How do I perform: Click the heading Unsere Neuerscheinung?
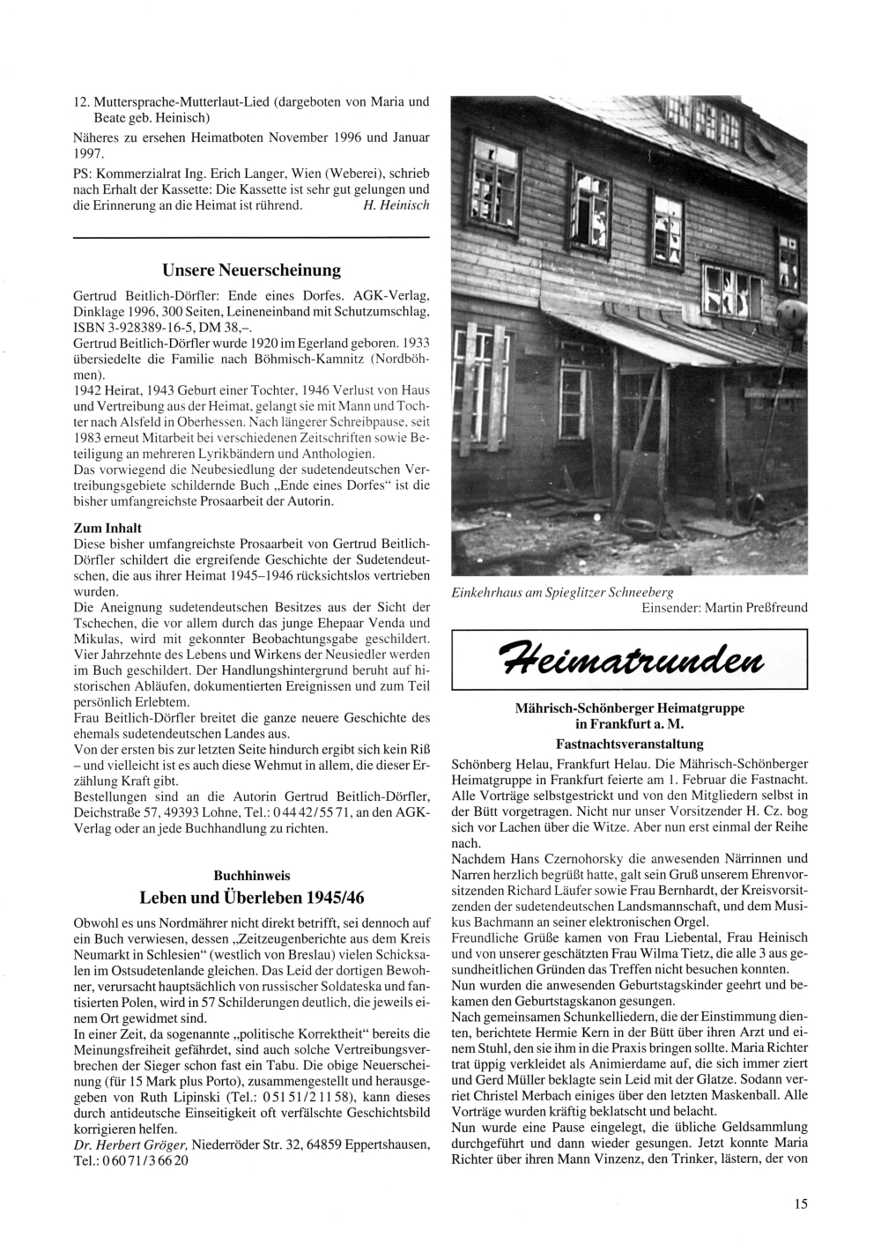coord(251,270)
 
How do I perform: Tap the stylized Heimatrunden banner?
coord(629,659)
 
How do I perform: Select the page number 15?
coord(800,1203)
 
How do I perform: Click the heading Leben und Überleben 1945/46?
coord(251,898)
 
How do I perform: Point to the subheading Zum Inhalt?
coord(107,528)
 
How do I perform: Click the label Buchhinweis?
coord(251,876)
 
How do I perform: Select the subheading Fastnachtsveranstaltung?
coord(629,744)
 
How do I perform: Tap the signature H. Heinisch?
coord(396,205)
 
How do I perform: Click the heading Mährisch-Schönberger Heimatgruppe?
coord(629,707)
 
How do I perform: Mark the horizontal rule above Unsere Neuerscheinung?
coord(251,238)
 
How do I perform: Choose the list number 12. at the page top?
coord(80,101)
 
